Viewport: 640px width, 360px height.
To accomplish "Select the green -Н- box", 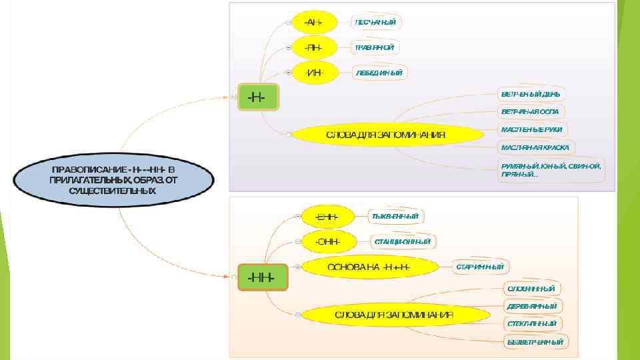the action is click(x=257, y=97).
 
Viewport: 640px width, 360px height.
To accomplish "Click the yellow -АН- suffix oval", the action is click(x=313, y=22).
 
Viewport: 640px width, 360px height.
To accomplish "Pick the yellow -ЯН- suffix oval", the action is click(x=313, y=47).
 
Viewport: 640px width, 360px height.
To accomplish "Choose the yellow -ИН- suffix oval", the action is click(x=313, y=72).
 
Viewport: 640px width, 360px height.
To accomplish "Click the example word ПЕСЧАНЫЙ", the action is click(x=377, y=22).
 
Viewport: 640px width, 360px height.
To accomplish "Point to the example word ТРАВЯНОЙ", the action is click(x=375, y=47).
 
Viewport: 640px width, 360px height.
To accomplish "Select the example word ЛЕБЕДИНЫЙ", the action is click(x=379, y=72).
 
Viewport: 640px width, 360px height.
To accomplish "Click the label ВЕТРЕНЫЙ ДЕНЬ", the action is click(x=531, y=94).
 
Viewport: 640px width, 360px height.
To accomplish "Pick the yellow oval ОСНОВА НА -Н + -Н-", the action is click(x=369, y=267).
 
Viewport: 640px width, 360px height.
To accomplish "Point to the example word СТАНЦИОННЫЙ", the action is click(x=402, y=241).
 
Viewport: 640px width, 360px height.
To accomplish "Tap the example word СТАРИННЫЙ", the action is click(x=481, y=267).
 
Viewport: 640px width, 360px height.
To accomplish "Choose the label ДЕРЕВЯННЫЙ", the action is click(x=531, y=306).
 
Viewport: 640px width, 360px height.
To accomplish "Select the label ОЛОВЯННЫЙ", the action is click(x=531, y=289).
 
